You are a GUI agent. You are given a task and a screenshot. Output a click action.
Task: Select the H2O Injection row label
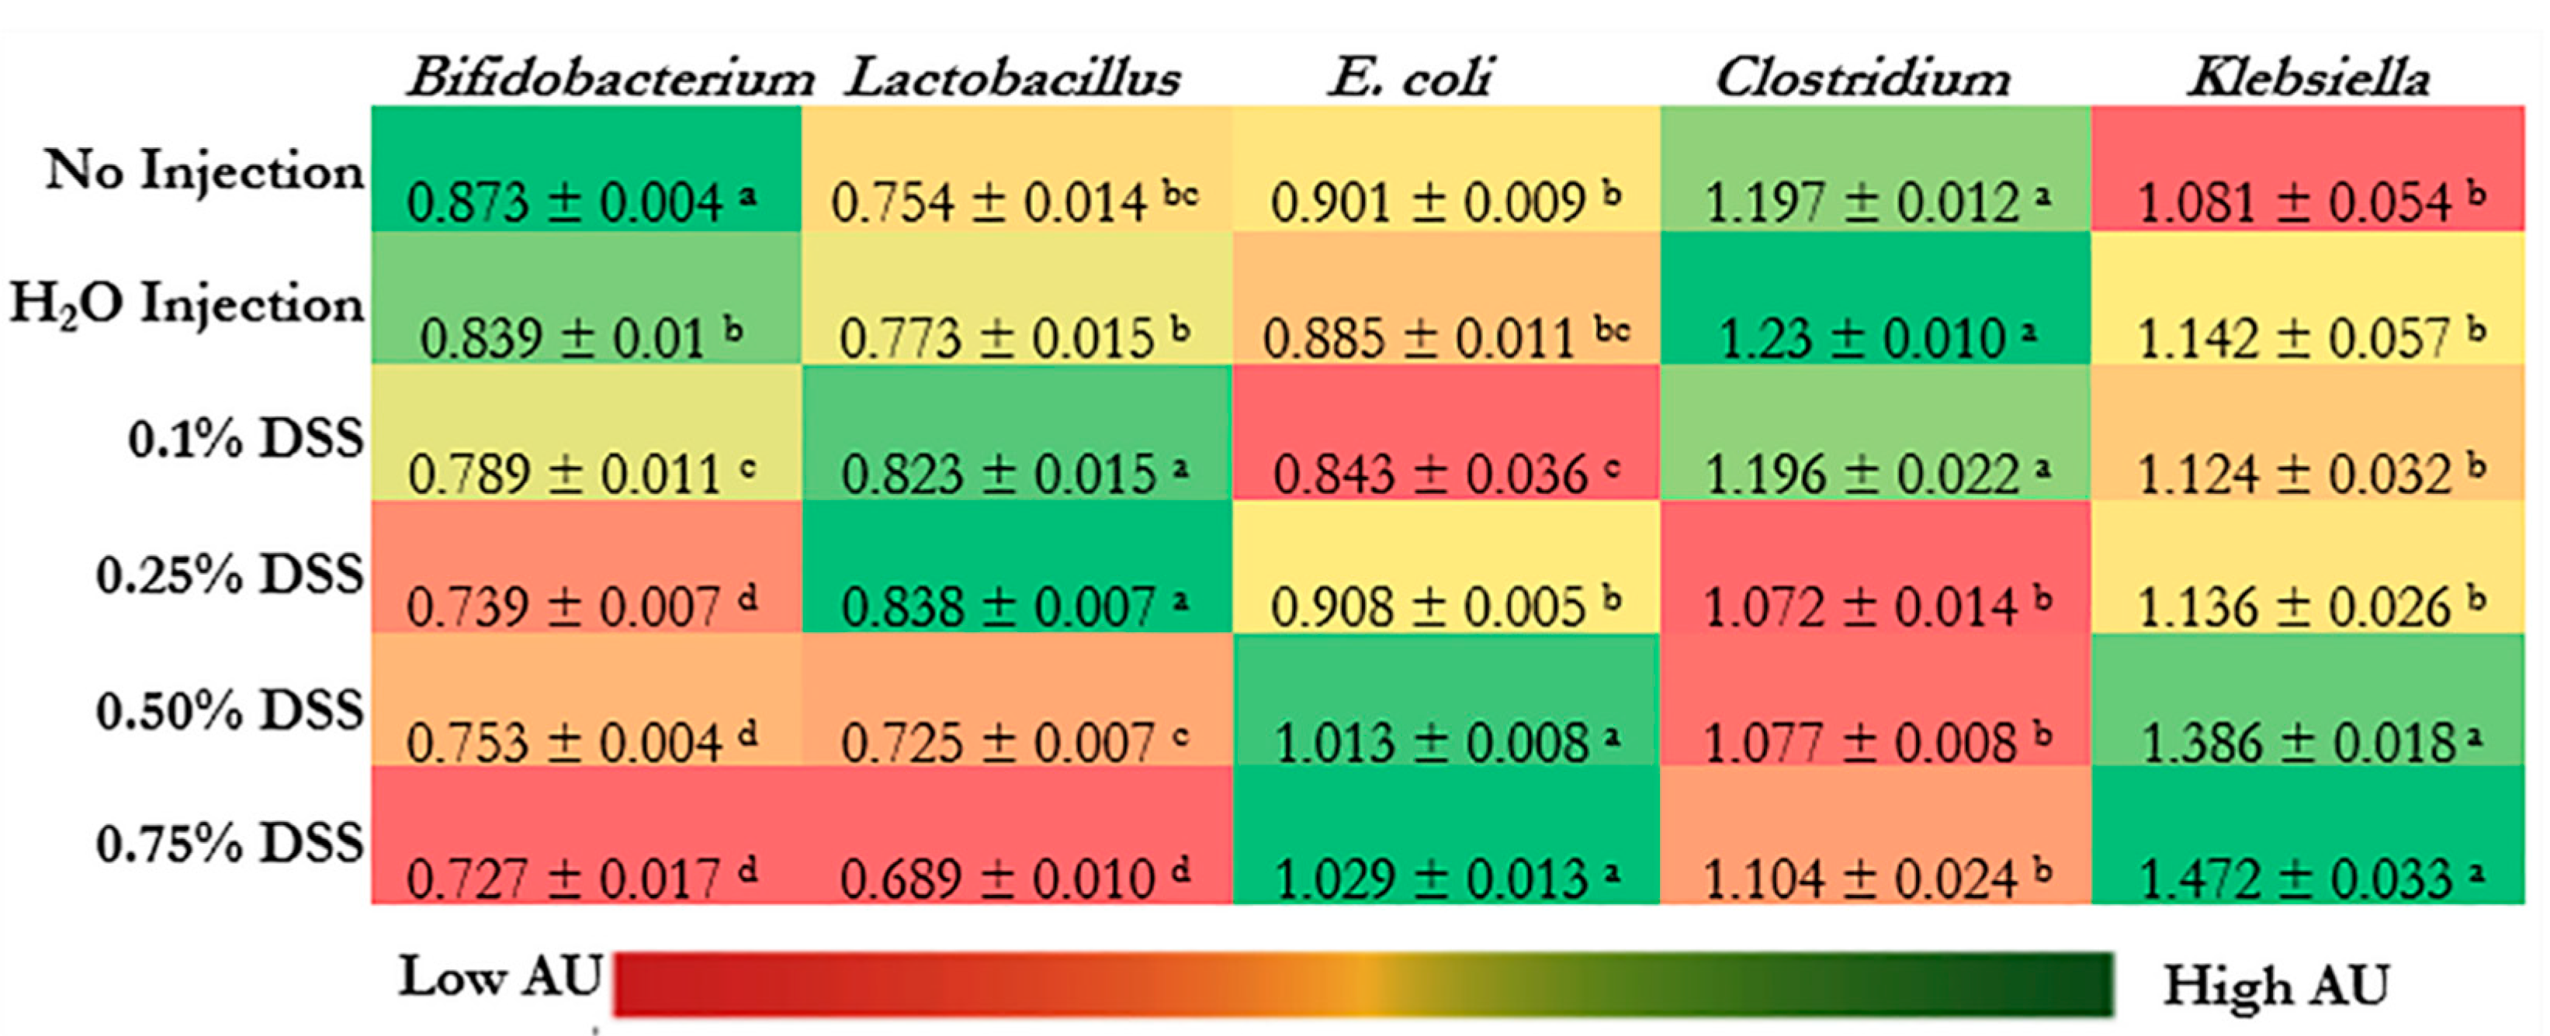pyautogui.click(x=187, y=302)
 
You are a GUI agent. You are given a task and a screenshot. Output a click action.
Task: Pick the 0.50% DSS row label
pyautogui.click(x=230, y=710)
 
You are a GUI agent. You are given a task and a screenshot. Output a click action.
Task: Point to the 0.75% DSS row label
pyautogui.click(x=230, y=844)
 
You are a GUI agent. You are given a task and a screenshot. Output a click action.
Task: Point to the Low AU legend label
pyautogui.click(x=501, y=978)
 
